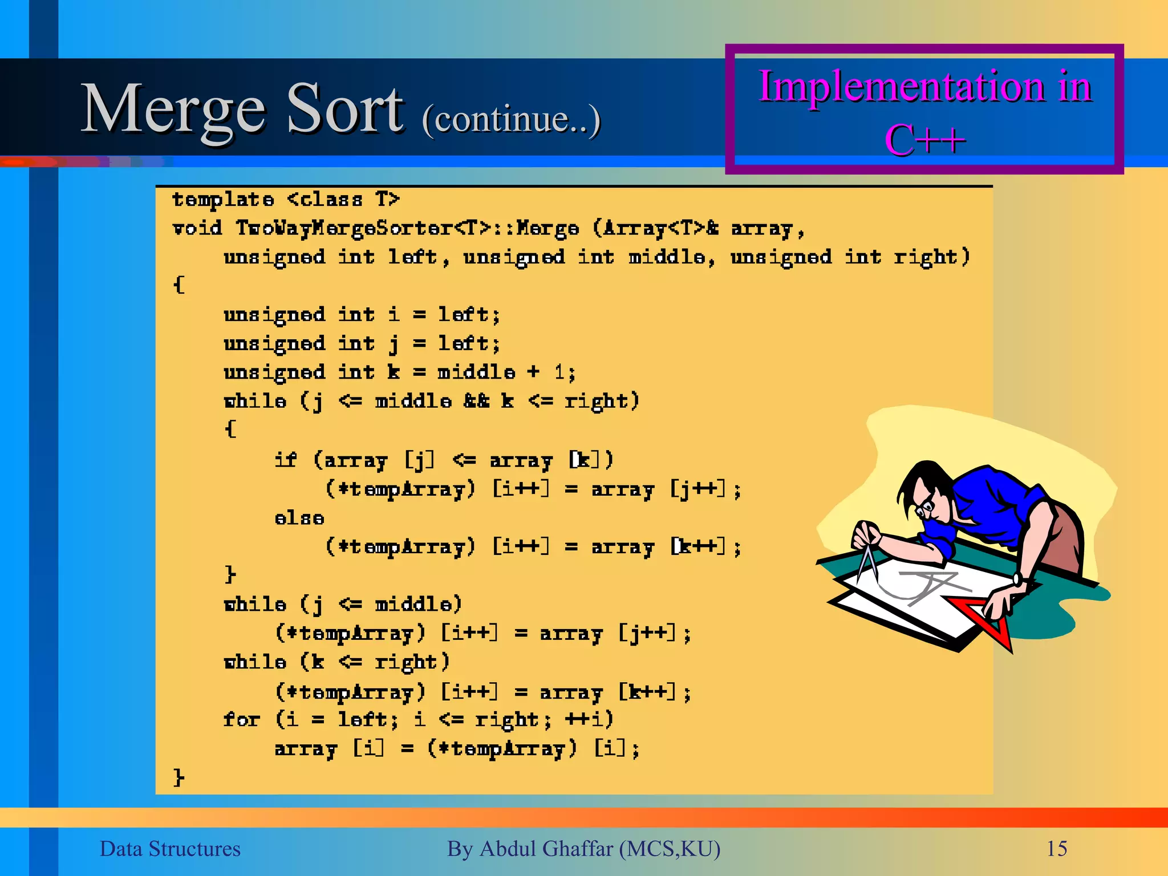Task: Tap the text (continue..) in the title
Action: (x=511, y=119)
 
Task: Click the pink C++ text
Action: (x=924, y=140)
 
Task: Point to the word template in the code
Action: (x=223, y=200)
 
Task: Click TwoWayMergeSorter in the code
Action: (x=344, y=229)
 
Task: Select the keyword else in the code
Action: (x=299, y=518)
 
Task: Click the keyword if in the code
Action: (x=285, y=460)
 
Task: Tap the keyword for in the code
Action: (x=241, y=720)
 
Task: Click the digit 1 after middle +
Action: (x=561, y=373)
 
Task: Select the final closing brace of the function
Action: (x=179, y=777)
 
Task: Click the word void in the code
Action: (x=197, y=229)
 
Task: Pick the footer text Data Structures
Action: (x=170, y=849)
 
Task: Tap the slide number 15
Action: (x=1056, y=849)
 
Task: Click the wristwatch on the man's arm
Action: (x=1019, y=579)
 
